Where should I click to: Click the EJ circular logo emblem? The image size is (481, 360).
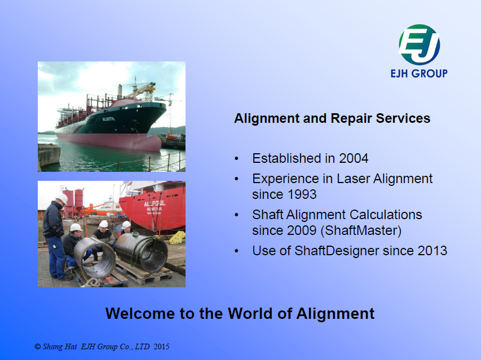point(419,45)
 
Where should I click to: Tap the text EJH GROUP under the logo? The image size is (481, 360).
point(419,74)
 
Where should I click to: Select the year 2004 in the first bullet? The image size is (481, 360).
point(354,158)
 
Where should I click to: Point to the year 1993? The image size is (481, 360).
point(302,194)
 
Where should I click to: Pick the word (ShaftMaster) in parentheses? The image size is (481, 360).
point(361,230)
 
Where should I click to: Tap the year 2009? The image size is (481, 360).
point(302,230)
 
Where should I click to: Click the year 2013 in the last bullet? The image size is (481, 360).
point(433,251)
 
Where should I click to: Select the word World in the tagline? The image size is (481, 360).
point(250,313)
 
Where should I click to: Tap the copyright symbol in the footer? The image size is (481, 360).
point(38,346)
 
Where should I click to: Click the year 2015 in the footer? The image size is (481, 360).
point(161,346)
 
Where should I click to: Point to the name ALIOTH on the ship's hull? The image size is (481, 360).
point(109,118)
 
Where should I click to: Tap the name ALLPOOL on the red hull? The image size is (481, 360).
point(155,203)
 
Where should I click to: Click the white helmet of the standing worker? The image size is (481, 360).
point(62,198)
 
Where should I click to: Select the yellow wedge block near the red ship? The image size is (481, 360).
point(177,237)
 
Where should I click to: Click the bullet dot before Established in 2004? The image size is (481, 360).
point(236,159)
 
